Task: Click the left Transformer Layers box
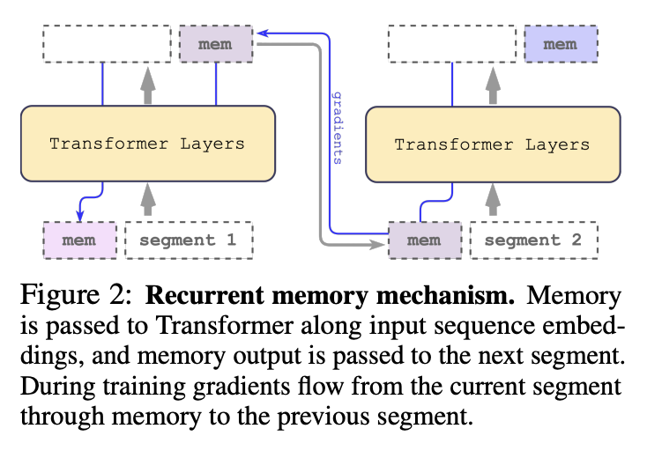pyautogui.click(x=147, y=143)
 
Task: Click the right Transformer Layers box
pyautogui.click(x=492, y=144)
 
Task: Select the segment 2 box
pyautogui.click(x=533, y=240)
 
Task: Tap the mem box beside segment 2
pyautogui.click(x=424, y=240)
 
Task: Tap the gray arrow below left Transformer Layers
pyautogui.click(x=148, y=200)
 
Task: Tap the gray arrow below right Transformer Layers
pyautogui.click(x=492, y=200)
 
